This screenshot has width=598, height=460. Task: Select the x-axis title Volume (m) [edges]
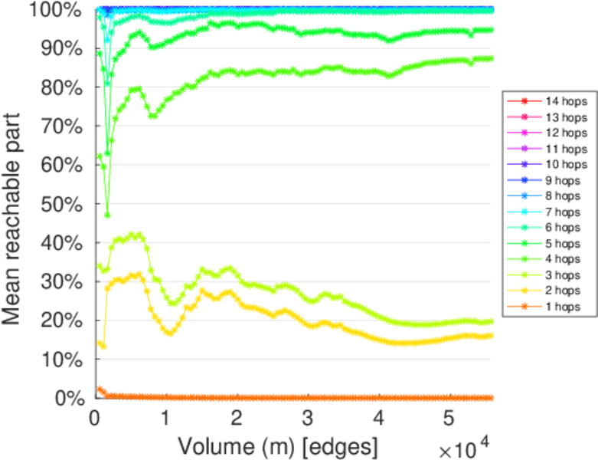point(278,445)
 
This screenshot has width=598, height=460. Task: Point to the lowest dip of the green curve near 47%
point(107,215)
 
